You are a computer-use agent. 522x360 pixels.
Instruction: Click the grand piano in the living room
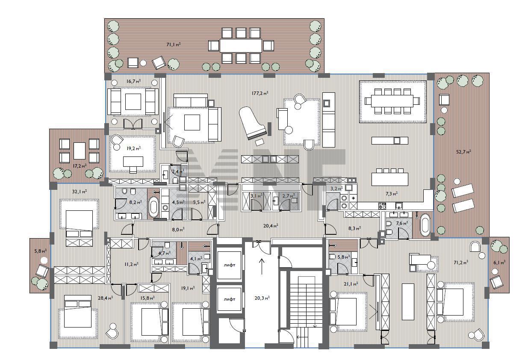pos(252,123)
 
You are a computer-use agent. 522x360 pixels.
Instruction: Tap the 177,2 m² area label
pos(260,93)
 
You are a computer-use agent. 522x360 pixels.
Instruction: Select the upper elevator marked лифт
pos(229,265)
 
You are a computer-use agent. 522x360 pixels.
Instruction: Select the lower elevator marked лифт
pos(229,299)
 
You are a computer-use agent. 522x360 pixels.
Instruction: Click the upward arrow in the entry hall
pos(262,266)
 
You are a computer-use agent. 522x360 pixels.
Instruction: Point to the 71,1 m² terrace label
pos(174,44)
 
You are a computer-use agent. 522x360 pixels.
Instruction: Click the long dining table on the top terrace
pos(241,46)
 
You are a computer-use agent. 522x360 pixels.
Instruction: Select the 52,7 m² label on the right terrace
pos(463,152)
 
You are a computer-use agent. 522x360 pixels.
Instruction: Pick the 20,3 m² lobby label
pos(262,298)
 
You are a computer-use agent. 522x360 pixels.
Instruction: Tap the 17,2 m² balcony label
pos(80,166)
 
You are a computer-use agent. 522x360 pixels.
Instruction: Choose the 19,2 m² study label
pos(133,148)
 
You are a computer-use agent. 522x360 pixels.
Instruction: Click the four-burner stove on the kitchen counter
pos(382,206)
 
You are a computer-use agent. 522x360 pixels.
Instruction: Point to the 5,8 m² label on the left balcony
pos(40,251)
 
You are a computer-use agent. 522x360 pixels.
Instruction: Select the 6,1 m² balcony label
pos(499,263)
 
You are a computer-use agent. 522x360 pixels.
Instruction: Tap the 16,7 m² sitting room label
pos(133,81)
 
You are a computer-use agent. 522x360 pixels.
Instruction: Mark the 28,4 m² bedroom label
pos(105,298)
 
